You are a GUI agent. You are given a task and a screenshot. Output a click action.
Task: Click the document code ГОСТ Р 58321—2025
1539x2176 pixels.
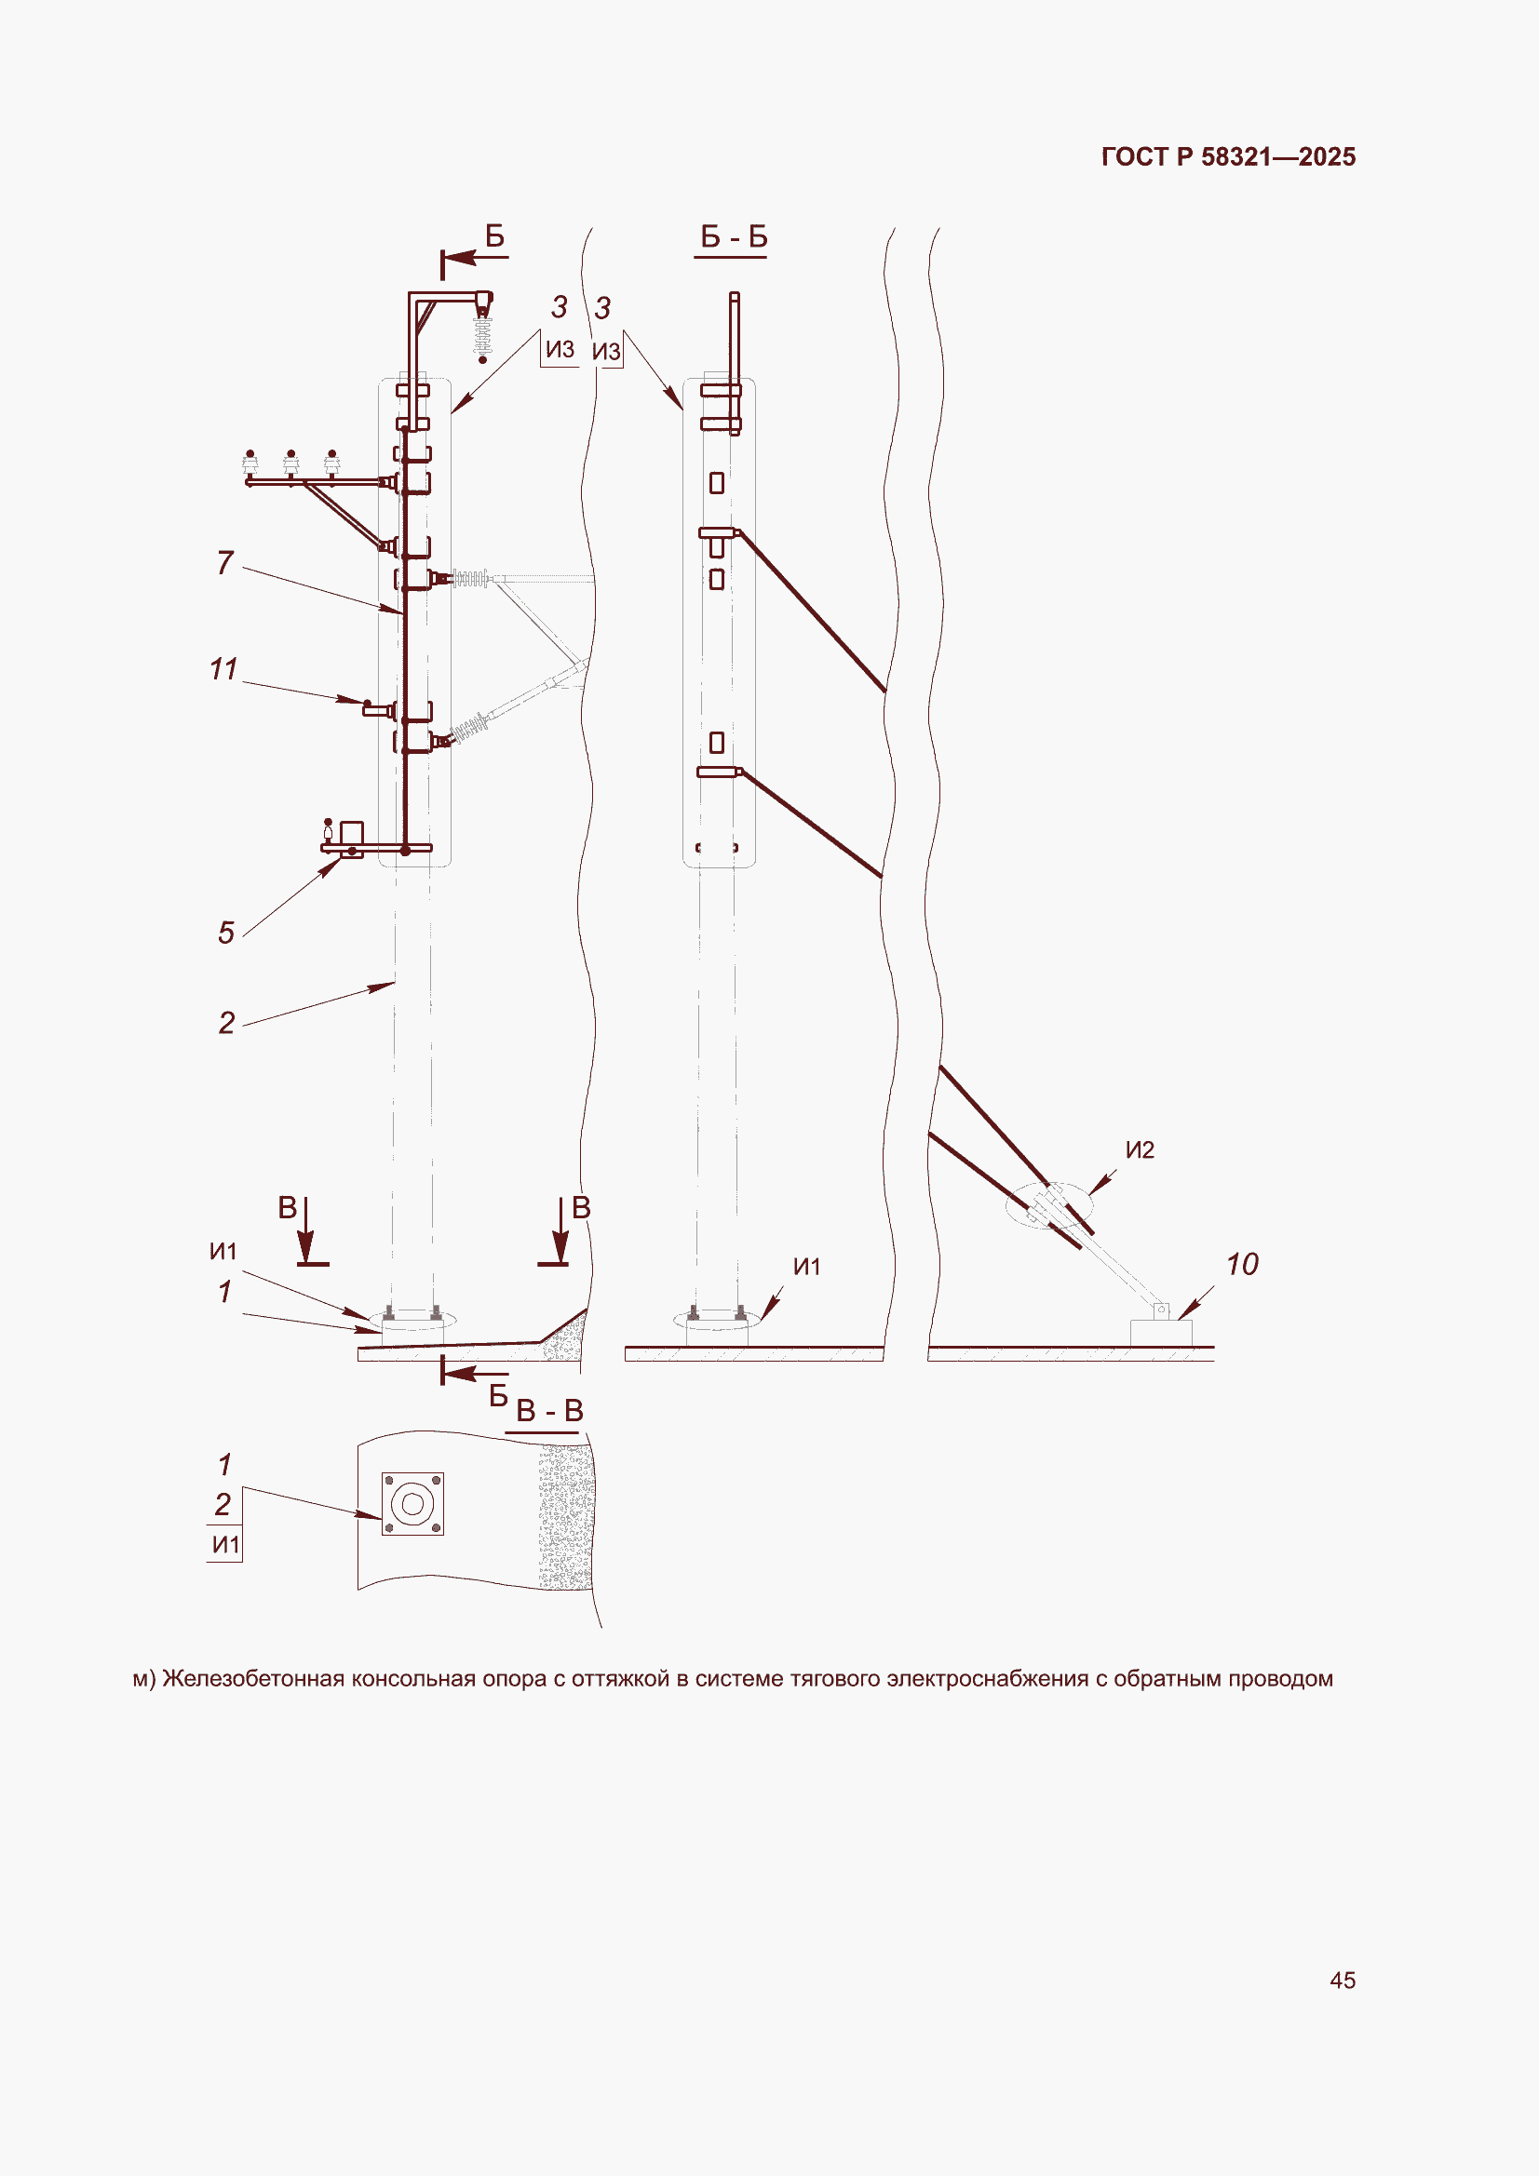pyautogui.click(x=1228, y=156)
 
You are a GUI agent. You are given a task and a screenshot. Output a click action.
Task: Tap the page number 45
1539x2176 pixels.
pyautogui.click(x=1343, y=1980)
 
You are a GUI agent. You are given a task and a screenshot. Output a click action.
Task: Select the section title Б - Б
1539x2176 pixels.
pyautogui.click(x=733, y=236)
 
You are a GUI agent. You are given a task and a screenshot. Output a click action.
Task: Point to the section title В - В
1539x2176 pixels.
pyautogui.click(x=550, y=1410)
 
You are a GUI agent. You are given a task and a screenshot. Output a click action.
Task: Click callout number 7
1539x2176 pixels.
pyautogui.click(x=224, y=562)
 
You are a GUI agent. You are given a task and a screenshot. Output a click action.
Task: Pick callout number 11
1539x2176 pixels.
pyautogui.click(x=223, y=669)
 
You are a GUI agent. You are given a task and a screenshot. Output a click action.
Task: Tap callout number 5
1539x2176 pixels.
pyautogui.click(x=225, y=933)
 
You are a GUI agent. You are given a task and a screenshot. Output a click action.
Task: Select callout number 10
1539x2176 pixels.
pyautogui.click(x=1242, y=1264)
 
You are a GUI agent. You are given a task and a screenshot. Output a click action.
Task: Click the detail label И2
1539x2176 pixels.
pyautogui.click(x=1140, y=1149)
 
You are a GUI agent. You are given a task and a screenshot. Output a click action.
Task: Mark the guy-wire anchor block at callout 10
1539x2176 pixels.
pyautogui.click(x=1161, y=1332)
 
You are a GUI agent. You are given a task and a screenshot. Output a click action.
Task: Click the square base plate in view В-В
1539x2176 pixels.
pyautogui.click(x=412, y=1503)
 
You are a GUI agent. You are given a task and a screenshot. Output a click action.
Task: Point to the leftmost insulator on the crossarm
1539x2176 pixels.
pyautogui.click(x=250, y=464)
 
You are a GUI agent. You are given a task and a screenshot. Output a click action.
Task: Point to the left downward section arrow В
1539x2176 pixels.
pyautogui.click(x=307, y=1231)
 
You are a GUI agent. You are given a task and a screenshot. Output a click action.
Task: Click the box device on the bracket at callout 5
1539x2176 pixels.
pyautogui.click(x=351, y=834)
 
